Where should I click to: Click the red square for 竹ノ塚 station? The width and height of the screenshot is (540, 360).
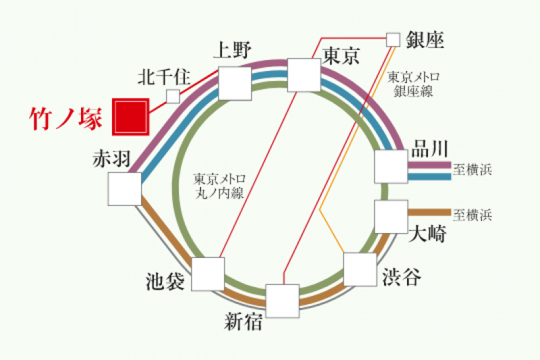tap(130, 116)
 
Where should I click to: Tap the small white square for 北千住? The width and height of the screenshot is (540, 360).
tap(173, 97)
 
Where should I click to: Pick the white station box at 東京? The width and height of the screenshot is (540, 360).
tap(304, 74)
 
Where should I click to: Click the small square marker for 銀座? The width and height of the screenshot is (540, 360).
tap(393, 39)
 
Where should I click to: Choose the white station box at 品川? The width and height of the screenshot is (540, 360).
tap(391, 166)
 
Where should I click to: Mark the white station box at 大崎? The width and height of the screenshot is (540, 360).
tap(391, 216)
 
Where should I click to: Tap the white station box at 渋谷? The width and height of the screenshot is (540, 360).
tap(360, 269)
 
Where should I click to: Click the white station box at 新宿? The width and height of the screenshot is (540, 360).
tap(282, 301)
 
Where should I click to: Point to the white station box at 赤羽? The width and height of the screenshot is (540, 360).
tap(125, 188)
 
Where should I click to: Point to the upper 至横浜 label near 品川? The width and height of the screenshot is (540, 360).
tap(473, 170)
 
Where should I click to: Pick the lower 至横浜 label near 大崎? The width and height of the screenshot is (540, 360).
tap(473, 215)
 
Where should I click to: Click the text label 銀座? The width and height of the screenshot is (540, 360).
tap(425, 40)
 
